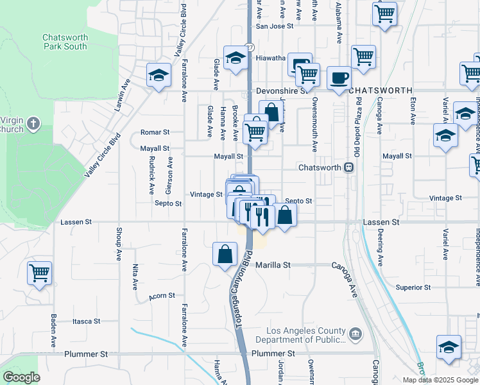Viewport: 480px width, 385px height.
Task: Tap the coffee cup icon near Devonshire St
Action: tap(339, 78)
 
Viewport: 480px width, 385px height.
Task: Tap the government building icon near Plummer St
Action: tap(355, 334)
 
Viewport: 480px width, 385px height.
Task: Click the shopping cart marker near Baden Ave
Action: tap(39, 273)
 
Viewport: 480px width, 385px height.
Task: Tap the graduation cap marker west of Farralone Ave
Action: tap(159, 76)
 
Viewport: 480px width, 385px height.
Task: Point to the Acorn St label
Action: tap(162, 296)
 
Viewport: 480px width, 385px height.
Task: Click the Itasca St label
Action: tap(87, 321)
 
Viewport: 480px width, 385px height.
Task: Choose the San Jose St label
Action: tap(274, 26)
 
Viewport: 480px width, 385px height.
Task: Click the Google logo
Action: tap(21, 377)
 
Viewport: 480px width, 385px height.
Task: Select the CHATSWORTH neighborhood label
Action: tap(380, 91)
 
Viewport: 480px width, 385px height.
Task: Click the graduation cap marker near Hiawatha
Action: tap(235, 58)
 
